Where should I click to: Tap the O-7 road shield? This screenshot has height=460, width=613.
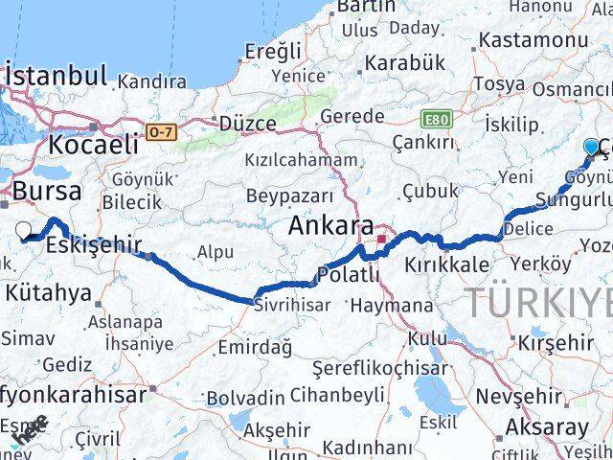pos(161,130)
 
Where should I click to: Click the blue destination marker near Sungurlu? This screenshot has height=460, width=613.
pos(591,147)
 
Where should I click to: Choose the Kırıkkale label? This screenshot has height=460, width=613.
pos(447,264)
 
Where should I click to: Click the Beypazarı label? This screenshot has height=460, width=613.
pos(289,195)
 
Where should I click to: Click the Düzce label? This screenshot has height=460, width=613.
pos(248,124)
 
